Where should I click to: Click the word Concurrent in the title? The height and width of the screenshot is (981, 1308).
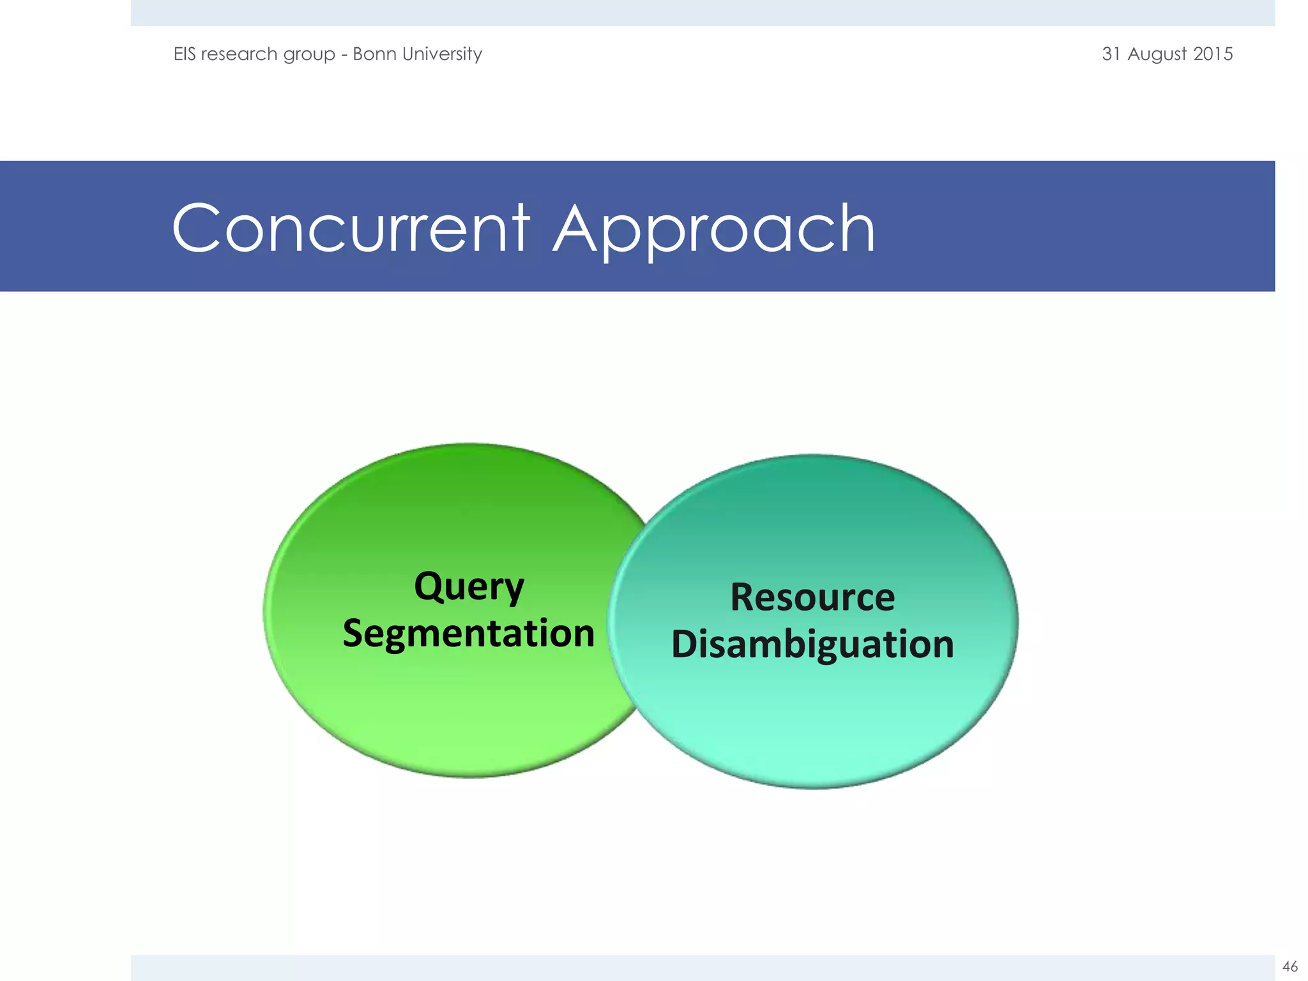pos(350,229)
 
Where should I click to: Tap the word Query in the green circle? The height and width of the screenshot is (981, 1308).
pos(469,587)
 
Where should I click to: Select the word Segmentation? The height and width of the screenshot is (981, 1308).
pos(468,634)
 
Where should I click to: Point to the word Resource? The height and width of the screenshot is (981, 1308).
pos(812,598)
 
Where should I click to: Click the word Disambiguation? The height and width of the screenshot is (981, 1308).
pos(812,644)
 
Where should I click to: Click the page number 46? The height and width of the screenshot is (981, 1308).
pos(1289,966)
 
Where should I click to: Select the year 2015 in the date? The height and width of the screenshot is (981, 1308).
pos(1213,54)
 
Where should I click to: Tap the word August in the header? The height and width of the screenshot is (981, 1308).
pos(1157,54)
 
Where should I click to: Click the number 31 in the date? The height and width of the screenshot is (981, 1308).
pos(1111,54)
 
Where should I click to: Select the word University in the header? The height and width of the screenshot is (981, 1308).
pos(443,54)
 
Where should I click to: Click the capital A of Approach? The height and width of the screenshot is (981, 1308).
pos(578,229)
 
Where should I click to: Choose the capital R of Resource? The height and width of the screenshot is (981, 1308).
pos(743,598)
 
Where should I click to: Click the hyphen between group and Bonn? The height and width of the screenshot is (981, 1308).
pos(344,55)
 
